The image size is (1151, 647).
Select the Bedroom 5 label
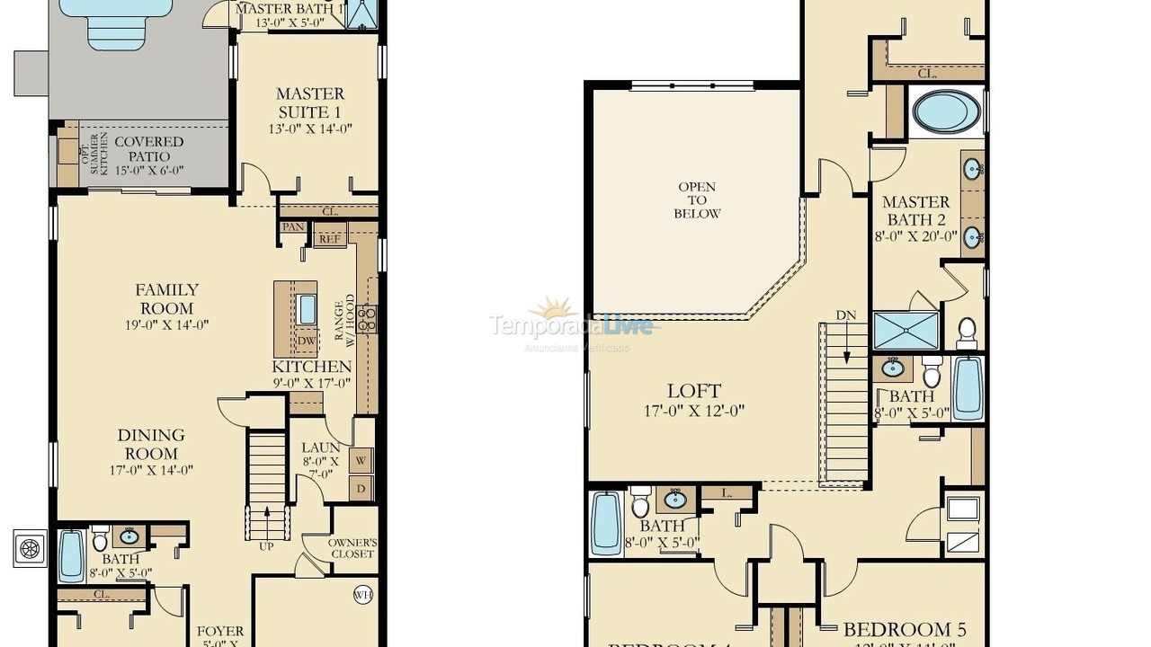point(905,630)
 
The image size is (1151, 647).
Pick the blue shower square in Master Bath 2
point(906,330)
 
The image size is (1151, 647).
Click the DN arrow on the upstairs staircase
point(846,337)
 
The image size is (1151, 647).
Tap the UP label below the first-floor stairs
point(267,545)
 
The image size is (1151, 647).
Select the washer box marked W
point(361,461)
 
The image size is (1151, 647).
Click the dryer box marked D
point(361,490)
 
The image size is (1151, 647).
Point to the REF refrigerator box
point(330,238)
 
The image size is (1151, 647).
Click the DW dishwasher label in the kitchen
point(306,341)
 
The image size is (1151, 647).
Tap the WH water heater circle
point(363,594)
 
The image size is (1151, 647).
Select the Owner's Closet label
point(352,548)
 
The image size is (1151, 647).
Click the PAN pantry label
point(292,227)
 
